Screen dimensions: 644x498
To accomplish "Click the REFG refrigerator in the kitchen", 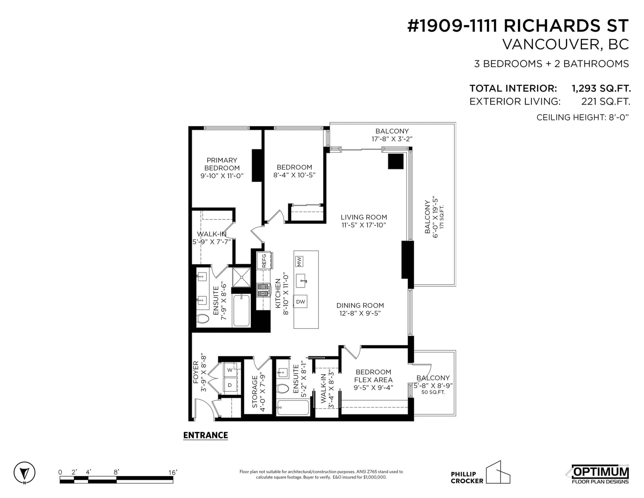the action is tap(264, 260).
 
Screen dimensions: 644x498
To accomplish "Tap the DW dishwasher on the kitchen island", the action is tap(300, 302).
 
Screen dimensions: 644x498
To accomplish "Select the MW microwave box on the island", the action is tap(299, 261).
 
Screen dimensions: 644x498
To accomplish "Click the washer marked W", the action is tap(230, 370).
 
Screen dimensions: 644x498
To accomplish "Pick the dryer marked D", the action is tap(230, 385).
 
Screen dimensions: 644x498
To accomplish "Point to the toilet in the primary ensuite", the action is tap(203, 319).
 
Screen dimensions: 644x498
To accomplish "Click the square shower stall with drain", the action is tap(242, 277).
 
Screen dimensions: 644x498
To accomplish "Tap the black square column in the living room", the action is tap(396, 161).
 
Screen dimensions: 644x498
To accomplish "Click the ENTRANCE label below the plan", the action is tap(205, 435).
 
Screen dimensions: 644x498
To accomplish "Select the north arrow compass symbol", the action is tap(25, 473).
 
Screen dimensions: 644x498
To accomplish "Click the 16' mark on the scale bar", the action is tap(173, 472).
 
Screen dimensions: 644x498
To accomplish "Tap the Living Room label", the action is tap(363, 217).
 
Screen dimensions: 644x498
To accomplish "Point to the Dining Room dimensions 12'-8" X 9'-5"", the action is tap(360, 313).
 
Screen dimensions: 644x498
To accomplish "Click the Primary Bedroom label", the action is tap(222, 164).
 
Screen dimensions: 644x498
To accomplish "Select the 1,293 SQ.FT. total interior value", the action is tap(601, 88).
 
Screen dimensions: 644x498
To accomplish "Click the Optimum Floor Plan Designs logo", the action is tap(600, 474).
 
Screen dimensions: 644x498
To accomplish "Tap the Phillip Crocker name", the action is tap(467, 477).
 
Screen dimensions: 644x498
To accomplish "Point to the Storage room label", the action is tap(254, 392).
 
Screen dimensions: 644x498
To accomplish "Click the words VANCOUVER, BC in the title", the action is tap(566, 44).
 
